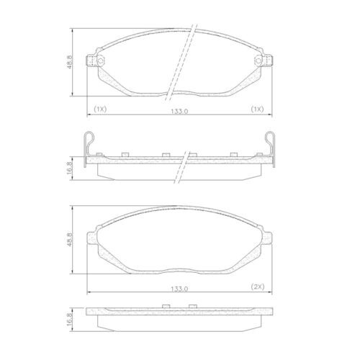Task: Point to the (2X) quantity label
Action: (257, 287)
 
